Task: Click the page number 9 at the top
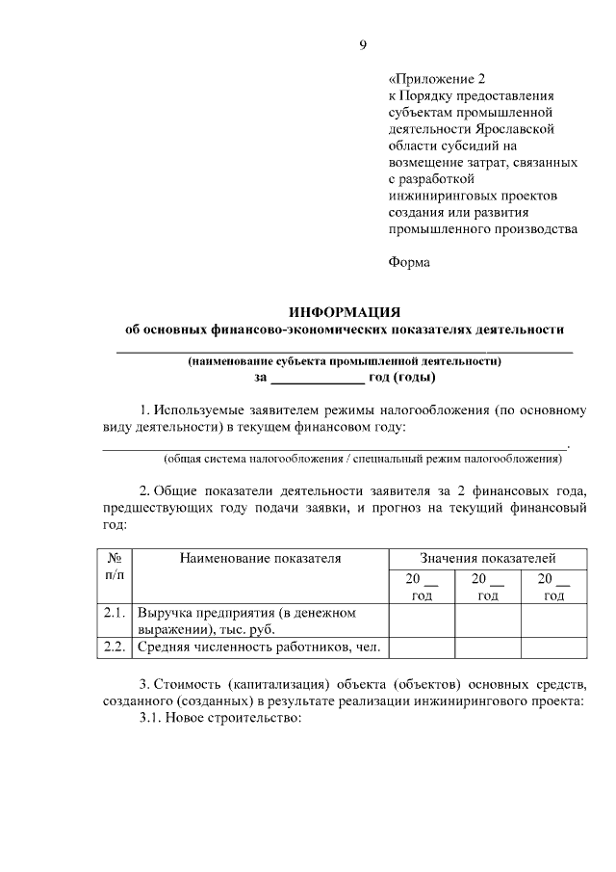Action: [x=363, y=45]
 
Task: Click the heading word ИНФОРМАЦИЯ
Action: [x=345, y=311]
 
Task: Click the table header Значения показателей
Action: [x=487, y=558]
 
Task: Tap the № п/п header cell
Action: [x=114, y=567]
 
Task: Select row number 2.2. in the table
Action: [x=115, y=647]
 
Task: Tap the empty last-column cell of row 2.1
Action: [x=553, y=621]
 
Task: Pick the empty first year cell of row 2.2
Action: [x=422, y=647]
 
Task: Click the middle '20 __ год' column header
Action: [x=487, y=587]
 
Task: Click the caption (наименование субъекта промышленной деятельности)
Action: [x=345, y=362]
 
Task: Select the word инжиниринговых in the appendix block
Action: [x=448, y=197]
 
